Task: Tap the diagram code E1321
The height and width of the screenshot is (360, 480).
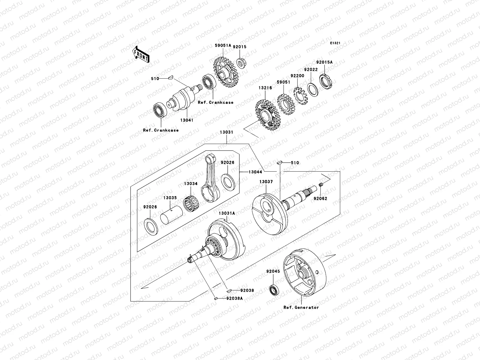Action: [x=335, y=43]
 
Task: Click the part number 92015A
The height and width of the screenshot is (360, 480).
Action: [x=324, y=62]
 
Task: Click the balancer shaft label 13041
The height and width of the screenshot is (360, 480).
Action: [x=187, y=120]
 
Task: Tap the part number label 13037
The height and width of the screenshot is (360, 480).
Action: [x=266, y=181]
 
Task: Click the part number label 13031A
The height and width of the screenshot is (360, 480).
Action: [x=227, y=213]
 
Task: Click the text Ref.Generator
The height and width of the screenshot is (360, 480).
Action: [x=301, y=307]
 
